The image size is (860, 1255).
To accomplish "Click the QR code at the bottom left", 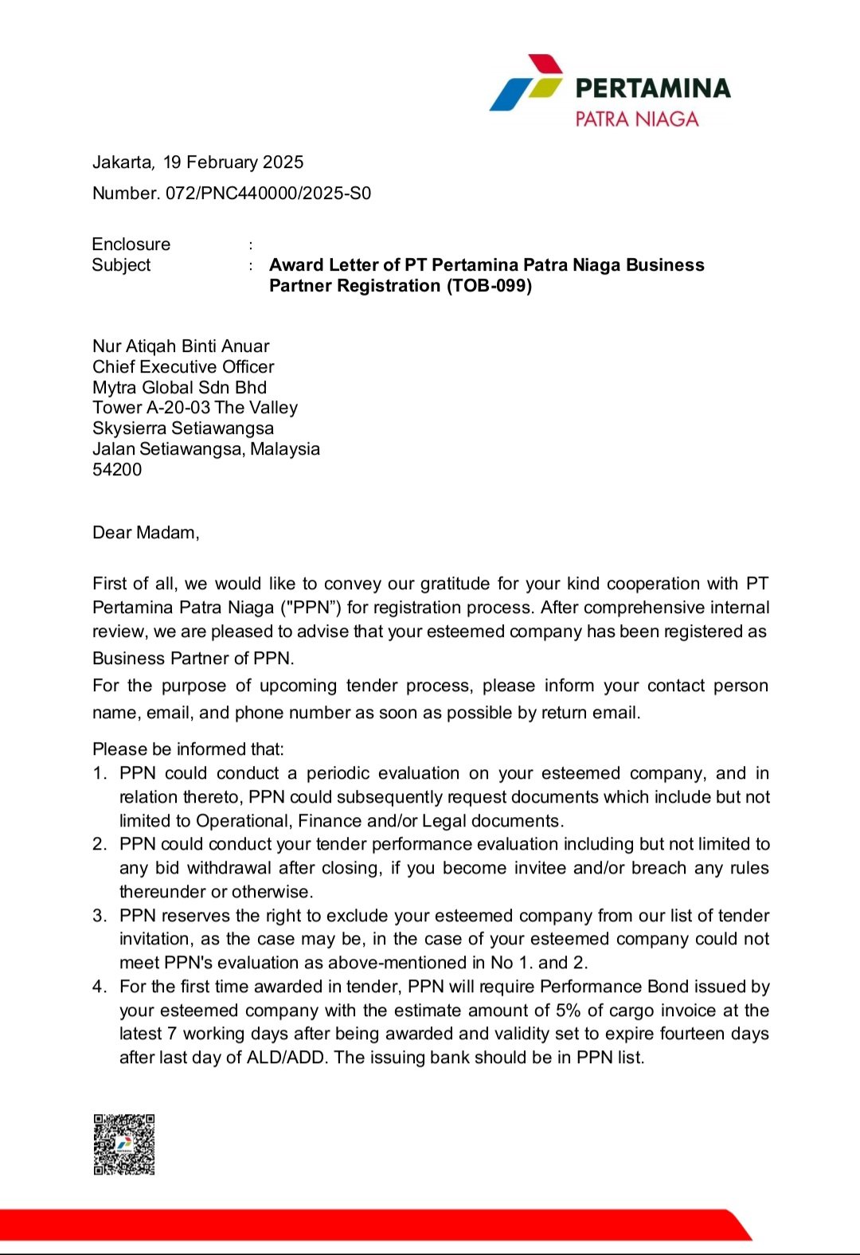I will [x=124, y=1144].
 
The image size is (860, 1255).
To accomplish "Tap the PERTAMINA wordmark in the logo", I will [x=652, y=88].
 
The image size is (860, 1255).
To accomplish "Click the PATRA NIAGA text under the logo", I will [x=636, y=119].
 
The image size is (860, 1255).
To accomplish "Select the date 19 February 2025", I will [x=233, y=162].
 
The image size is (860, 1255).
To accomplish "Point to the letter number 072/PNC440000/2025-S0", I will [x=268, y=194].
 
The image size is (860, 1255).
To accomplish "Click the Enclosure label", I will [x=131, y=244].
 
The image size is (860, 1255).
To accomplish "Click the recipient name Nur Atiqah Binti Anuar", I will [x=181, y=346].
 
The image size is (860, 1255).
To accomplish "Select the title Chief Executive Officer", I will [x=183, y=367].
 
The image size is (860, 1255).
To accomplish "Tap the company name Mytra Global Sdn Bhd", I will [x=179, y=388].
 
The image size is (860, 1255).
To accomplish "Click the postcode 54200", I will [x=117, y=470].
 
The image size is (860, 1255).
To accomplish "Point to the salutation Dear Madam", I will [x=146, y=533].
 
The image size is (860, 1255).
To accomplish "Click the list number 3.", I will [x=99, y=916].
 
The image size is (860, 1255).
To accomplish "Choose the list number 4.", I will [x=99, y=987].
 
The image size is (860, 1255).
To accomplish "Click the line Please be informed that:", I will [x=188, y=749].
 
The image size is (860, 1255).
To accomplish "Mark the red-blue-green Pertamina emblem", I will [x=526, y=83].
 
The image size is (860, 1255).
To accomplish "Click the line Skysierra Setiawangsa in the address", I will [x=183, y=428].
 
